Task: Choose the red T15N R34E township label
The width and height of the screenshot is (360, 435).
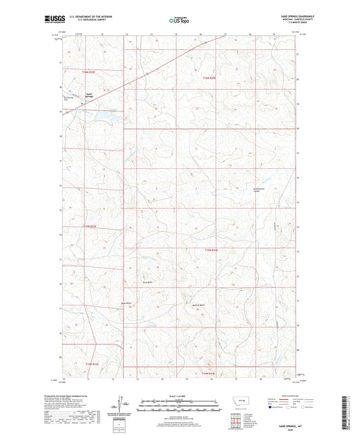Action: click(212, 249)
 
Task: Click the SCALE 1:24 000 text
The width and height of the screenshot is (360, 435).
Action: click(179, 396)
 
